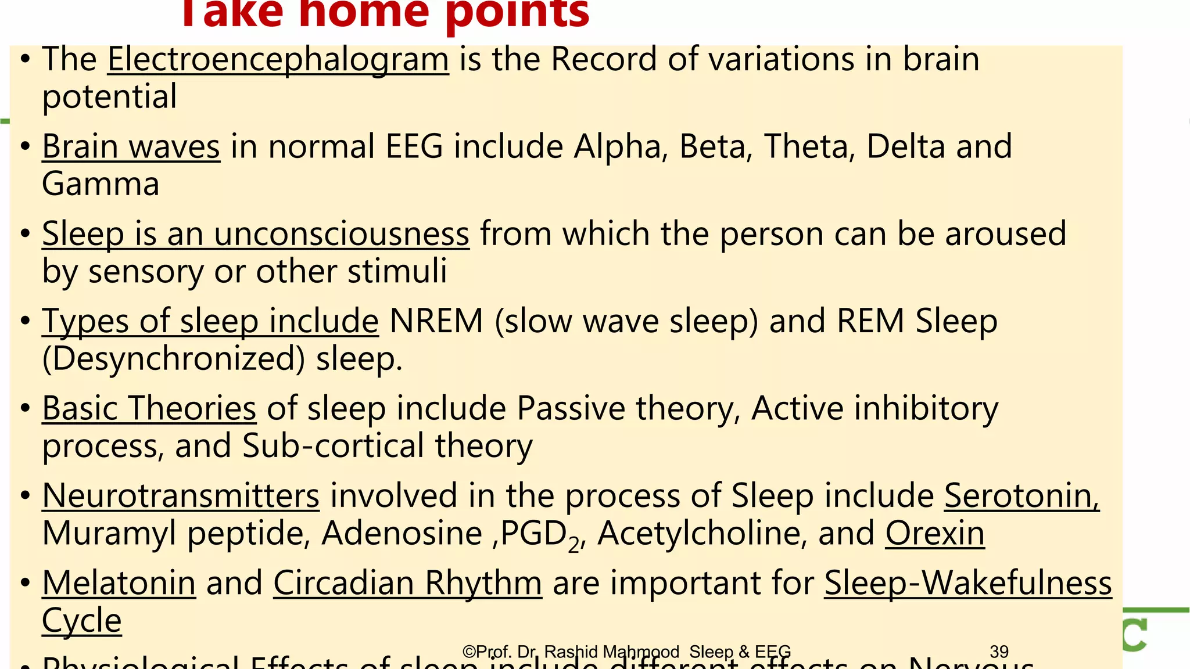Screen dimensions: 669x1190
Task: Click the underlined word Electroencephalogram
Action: [x=278, y=60]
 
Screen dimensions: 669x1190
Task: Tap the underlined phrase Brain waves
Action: [x=131, y=146]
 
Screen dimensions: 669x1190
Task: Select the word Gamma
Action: [x=101, y=184]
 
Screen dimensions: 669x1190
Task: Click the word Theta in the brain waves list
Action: [x=809, y=146]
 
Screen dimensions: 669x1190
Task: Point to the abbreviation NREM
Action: [x=436, y=321]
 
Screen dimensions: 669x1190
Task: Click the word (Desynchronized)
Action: [x=173, y=359]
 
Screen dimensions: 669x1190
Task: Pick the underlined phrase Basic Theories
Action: [x=149, y=408]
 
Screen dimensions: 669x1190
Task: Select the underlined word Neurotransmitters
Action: [x=181, y=496]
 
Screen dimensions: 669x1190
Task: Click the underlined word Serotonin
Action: [x=1021, y=496]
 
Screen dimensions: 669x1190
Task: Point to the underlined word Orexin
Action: [x=934, y=533]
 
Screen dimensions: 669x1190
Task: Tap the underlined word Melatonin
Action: [x=119, y=583]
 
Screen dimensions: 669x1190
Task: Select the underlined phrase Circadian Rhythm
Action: [x=407, y=583]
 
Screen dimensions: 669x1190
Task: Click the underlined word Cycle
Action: [x=81, y=621]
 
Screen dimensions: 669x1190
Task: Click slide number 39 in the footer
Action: [x=999, y=652]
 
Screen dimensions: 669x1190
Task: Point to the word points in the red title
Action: [x=517, y=13]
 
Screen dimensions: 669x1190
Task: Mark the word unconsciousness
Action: [x=341, y=234]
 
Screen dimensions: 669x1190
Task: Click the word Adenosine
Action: [x=402, y=533]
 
